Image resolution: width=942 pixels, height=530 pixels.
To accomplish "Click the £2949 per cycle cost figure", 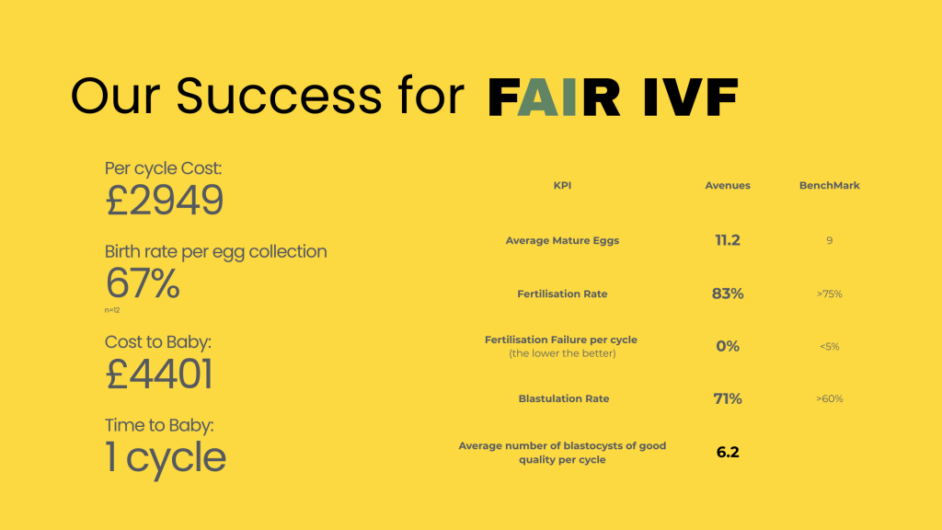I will pos(165,200).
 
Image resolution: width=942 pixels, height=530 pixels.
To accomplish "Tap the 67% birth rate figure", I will pos(143,283).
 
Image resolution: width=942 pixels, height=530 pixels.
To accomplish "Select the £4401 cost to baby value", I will pos(160,374).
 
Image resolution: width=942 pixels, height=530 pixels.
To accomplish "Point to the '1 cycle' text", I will pos(166,457).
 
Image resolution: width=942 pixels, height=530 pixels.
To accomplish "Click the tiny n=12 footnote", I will pos(112,310).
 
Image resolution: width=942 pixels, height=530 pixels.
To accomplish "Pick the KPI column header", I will pos(562,186).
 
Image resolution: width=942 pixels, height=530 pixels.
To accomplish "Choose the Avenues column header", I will pos(727,186).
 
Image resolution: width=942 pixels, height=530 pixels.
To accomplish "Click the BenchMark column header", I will pos(829,186).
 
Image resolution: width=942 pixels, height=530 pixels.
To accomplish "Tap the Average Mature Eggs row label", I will pos(562,241).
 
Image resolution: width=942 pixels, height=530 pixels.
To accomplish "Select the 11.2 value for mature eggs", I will pos(727,240).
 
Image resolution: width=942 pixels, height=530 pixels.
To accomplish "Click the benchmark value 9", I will pos(829,241).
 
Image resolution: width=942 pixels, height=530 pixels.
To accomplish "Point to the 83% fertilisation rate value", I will pos(727,294).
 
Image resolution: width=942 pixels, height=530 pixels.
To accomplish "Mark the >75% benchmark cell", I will pos(829,294).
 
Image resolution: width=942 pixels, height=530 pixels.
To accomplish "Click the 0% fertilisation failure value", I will pos(727,346).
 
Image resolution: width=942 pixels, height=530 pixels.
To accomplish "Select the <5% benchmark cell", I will pos(829,347).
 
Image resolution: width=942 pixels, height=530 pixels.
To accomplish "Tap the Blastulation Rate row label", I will pos(563,399).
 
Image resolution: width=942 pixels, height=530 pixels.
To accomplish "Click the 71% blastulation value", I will pos(727,398).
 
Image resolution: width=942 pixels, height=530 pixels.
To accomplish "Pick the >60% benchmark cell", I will pos(829,399).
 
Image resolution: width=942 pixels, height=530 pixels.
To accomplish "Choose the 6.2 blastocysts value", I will pos(727,452).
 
